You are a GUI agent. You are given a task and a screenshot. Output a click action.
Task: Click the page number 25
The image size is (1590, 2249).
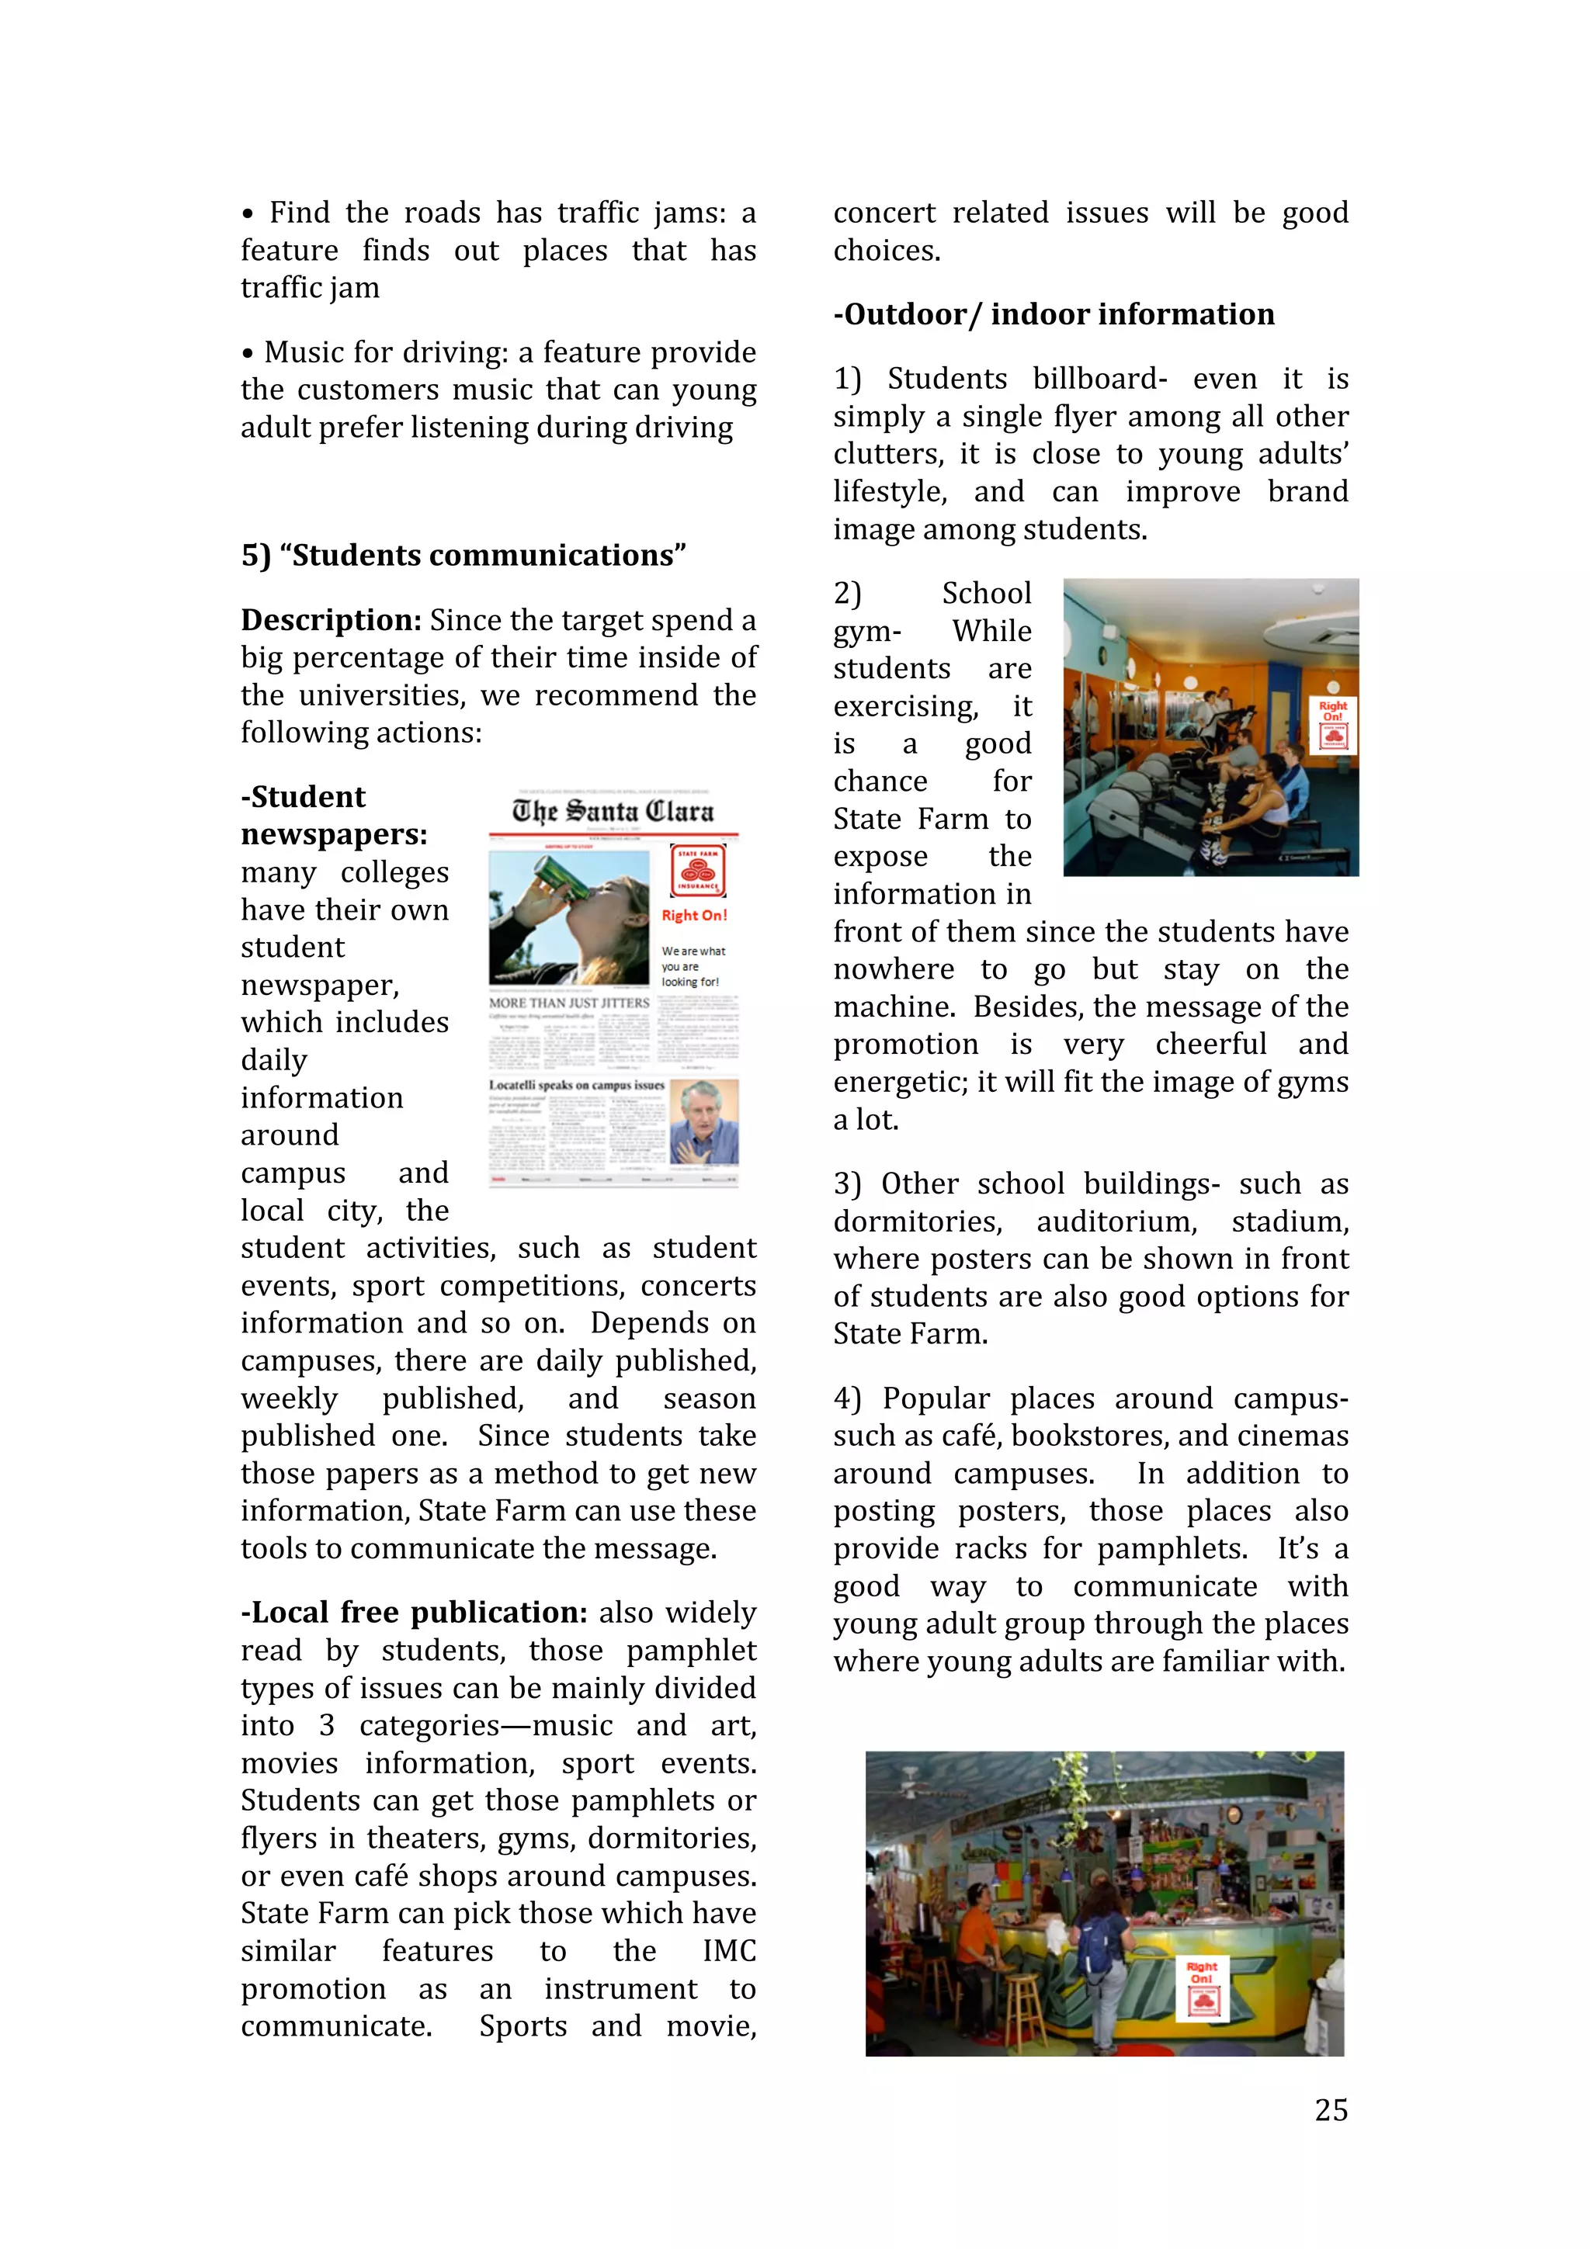(1331, 2110)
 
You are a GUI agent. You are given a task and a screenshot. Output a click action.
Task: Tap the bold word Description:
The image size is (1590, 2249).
(330, 620)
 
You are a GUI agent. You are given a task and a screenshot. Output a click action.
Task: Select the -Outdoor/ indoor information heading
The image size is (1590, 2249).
(1054, 314)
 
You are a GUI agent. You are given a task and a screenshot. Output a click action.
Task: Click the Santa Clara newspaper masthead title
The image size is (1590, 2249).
(613, 811)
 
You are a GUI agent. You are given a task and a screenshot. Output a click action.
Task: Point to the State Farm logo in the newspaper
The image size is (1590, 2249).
(697, 870)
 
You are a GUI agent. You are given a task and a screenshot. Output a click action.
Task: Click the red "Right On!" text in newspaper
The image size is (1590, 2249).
(693, 915)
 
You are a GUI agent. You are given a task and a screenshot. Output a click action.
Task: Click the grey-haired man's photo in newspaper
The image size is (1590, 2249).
(703, 1121)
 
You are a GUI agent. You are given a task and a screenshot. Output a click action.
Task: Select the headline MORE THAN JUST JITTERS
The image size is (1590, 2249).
(569, 1003)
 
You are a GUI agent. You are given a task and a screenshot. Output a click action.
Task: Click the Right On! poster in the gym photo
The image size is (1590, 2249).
(1332, 724)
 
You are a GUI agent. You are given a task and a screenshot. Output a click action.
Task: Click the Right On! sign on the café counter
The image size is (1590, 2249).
(1202, 1988)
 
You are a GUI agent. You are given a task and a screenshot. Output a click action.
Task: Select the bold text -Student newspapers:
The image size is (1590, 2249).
(333, 815)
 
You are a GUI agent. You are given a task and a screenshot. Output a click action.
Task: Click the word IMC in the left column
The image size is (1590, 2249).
(729, 1950)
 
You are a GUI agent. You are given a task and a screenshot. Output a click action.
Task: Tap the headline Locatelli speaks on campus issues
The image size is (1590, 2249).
(576, 1086)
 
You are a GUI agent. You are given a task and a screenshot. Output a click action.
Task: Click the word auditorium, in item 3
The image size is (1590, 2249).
(1116, 1222)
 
